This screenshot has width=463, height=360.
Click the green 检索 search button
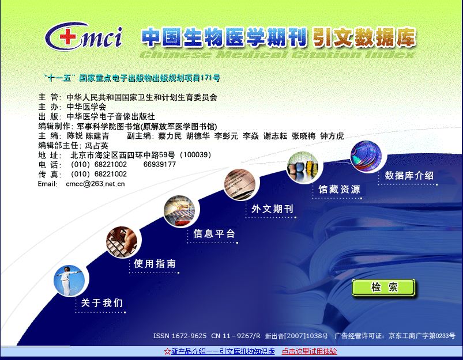click(383, 287)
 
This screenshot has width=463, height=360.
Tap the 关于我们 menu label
click(101, 302)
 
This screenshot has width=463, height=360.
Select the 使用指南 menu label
click(155, 263)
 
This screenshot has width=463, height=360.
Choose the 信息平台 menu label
click(214, 234)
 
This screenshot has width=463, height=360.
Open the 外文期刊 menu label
click(272, 209)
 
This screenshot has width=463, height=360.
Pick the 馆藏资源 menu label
click(339, 189)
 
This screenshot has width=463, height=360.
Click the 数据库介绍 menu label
click(409, 176)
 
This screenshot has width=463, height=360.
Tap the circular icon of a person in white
click(69, 281)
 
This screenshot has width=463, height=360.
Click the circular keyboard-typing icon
click(122, 242)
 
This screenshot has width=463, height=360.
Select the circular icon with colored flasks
click(303, 168)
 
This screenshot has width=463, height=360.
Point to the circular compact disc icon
click(366, 157)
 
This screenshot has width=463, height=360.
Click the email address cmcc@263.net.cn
click(95, 184)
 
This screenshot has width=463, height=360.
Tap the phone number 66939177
click(160, 164)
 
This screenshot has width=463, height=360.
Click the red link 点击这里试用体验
click(309, 351)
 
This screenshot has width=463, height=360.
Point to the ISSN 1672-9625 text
click(180, 336)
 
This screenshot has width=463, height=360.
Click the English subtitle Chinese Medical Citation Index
click(277, 55)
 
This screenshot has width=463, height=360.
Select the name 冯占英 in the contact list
click(96, 146)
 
